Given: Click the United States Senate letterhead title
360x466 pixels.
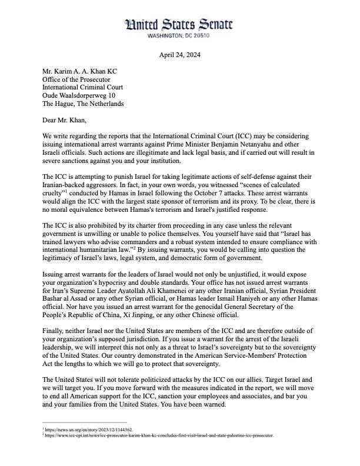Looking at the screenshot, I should point(179,25).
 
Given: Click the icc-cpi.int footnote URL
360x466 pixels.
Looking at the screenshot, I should point(159,435).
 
